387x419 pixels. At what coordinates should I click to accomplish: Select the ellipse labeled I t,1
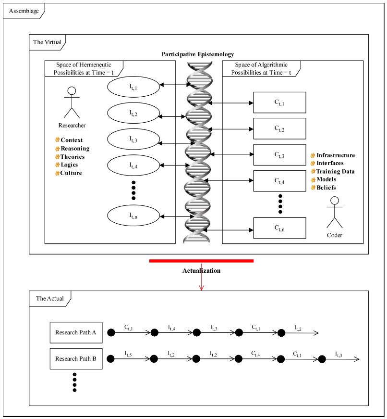133,87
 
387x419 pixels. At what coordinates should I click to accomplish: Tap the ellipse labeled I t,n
133,216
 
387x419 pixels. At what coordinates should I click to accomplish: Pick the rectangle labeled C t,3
279,154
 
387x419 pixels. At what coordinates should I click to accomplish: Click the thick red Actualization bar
201,261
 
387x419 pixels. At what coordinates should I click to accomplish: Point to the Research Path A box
76,332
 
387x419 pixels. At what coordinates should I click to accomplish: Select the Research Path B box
76,359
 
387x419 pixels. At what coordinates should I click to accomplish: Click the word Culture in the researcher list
71,173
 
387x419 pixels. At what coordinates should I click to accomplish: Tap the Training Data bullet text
335,171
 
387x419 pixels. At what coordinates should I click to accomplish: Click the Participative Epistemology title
197,54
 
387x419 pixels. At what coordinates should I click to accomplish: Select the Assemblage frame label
23,10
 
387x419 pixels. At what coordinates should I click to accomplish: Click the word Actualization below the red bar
201,271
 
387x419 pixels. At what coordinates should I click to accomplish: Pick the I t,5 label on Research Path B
129,354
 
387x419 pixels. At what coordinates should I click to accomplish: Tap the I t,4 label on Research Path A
171,327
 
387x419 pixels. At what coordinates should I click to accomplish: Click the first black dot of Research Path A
111,332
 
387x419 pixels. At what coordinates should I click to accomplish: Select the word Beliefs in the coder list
326,188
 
